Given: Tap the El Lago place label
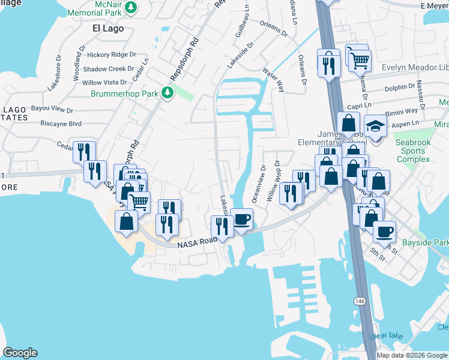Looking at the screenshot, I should tap(107, 28).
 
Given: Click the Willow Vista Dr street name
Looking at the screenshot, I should tap(104, 82).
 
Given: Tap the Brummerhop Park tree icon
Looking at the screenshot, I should tap(169, 93).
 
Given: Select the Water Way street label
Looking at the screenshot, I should tap(273, 79).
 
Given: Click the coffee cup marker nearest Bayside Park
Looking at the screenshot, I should tap(384, 231).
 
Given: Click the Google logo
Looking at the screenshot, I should tap(20, 353).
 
